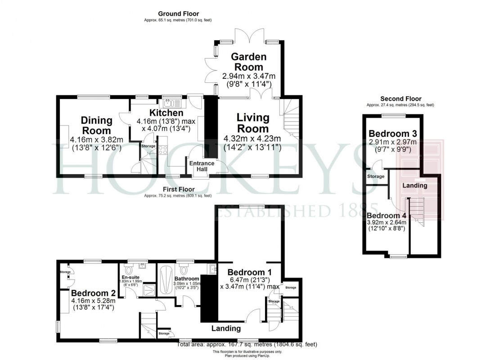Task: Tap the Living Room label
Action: click(252, 123)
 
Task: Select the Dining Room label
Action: click(96, 126)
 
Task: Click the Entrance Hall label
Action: click(202, 166)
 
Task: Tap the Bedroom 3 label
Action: click(393, 134)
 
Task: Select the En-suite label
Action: click(130, 277)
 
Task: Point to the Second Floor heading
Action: click(400, 99)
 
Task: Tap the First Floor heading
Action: click(177, 190)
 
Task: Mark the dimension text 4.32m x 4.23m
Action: click(252, 139)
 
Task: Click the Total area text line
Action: click(247, 344)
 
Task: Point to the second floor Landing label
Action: click(414, 185)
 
